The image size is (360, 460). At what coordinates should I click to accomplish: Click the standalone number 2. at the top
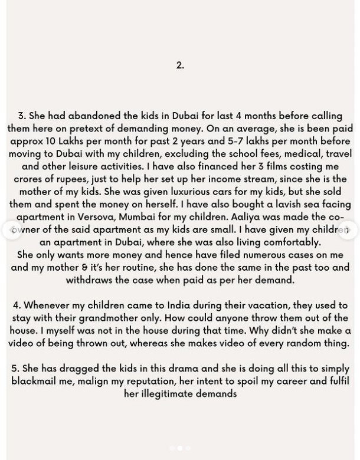(180, 65)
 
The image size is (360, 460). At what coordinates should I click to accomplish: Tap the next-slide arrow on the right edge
(348, 230)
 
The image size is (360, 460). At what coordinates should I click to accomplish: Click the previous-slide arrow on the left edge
(12, 230)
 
